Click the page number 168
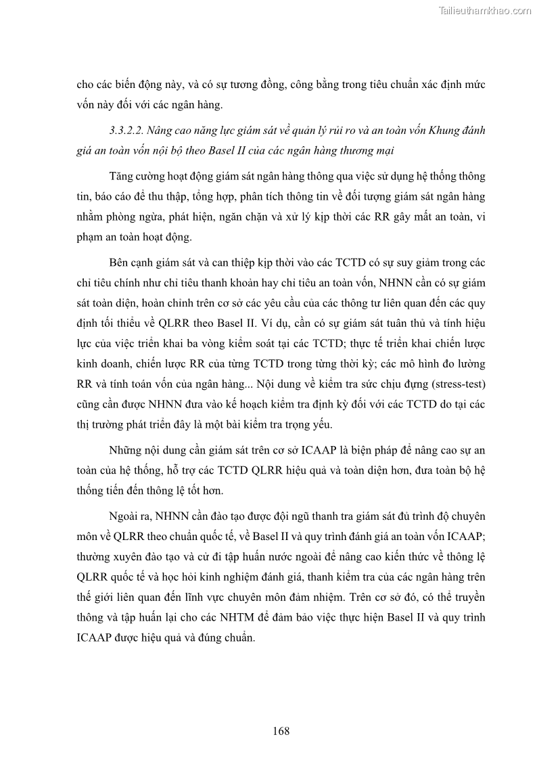(x=281, y=731)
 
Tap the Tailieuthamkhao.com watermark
(x=485, y=10)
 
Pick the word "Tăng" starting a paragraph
(x=122, y=177)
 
